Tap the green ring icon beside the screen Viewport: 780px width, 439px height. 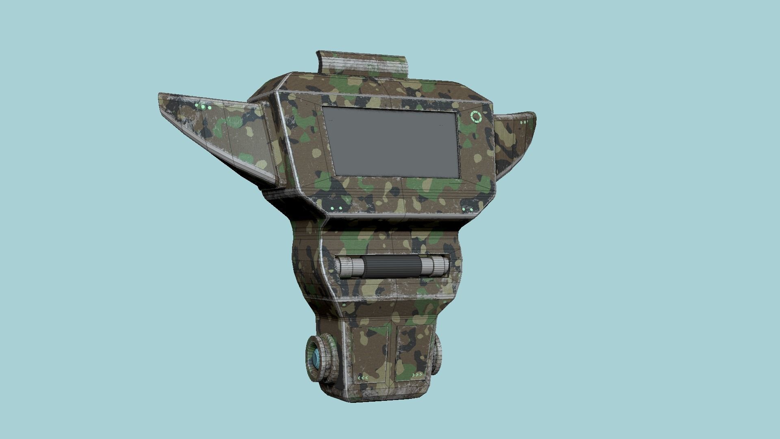[x=476, y=117]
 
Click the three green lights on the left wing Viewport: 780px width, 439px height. [x=203, y=107]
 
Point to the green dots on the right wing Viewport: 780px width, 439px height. [x=524, y=122]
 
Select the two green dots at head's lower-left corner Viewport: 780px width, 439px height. [x=336, y=209]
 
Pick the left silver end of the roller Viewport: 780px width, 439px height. [x=349, y=267]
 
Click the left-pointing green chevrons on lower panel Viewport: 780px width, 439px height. [x=362, y=378]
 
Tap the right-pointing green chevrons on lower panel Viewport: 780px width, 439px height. [x=417, y=374]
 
